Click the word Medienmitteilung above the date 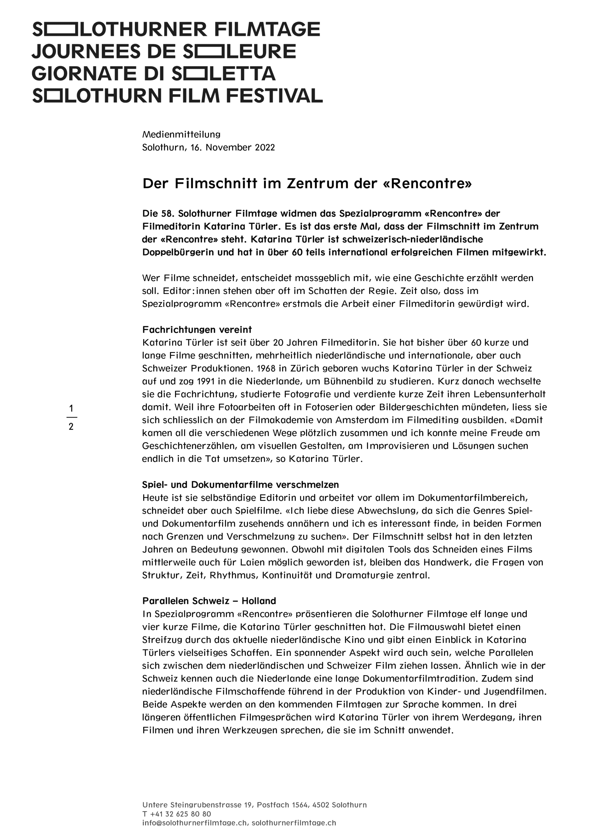pyautogui.click(x=181, y=134)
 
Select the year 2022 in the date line pyautogui.click(x=264, y=147)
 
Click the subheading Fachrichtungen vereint pyautogui.click(x=197, y=330)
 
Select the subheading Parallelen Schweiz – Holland pyautogui.click(x=209, y=601)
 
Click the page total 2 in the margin pyautogui.click(x=71, y=426)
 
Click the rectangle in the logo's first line pyautogui.click(x=61, y=29)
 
